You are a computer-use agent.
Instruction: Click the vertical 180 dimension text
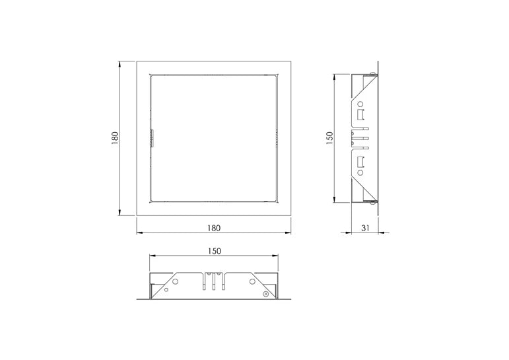click(x=115, y=138)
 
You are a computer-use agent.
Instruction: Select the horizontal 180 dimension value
click(x=214, y=228)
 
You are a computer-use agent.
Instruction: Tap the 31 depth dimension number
click(x=366, y=228)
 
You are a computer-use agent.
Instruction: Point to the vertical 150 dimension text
click(x=329, y=138)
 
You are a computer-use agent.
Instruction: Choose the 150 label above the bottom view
click(x=214, y=251)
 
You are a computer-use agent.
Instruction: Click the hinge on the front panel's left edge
click(x=151, y=139)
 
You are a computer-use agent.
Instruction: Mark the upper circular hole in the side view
click(x=360, y=104)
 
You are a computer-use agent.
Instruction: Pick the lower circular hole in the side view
click(x=360, y=172)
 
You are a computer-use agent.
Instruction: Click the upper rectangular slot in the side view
click(x=360, y=115)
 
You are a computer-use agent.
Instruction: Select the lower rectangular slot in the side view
click(x=360, y=162)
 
